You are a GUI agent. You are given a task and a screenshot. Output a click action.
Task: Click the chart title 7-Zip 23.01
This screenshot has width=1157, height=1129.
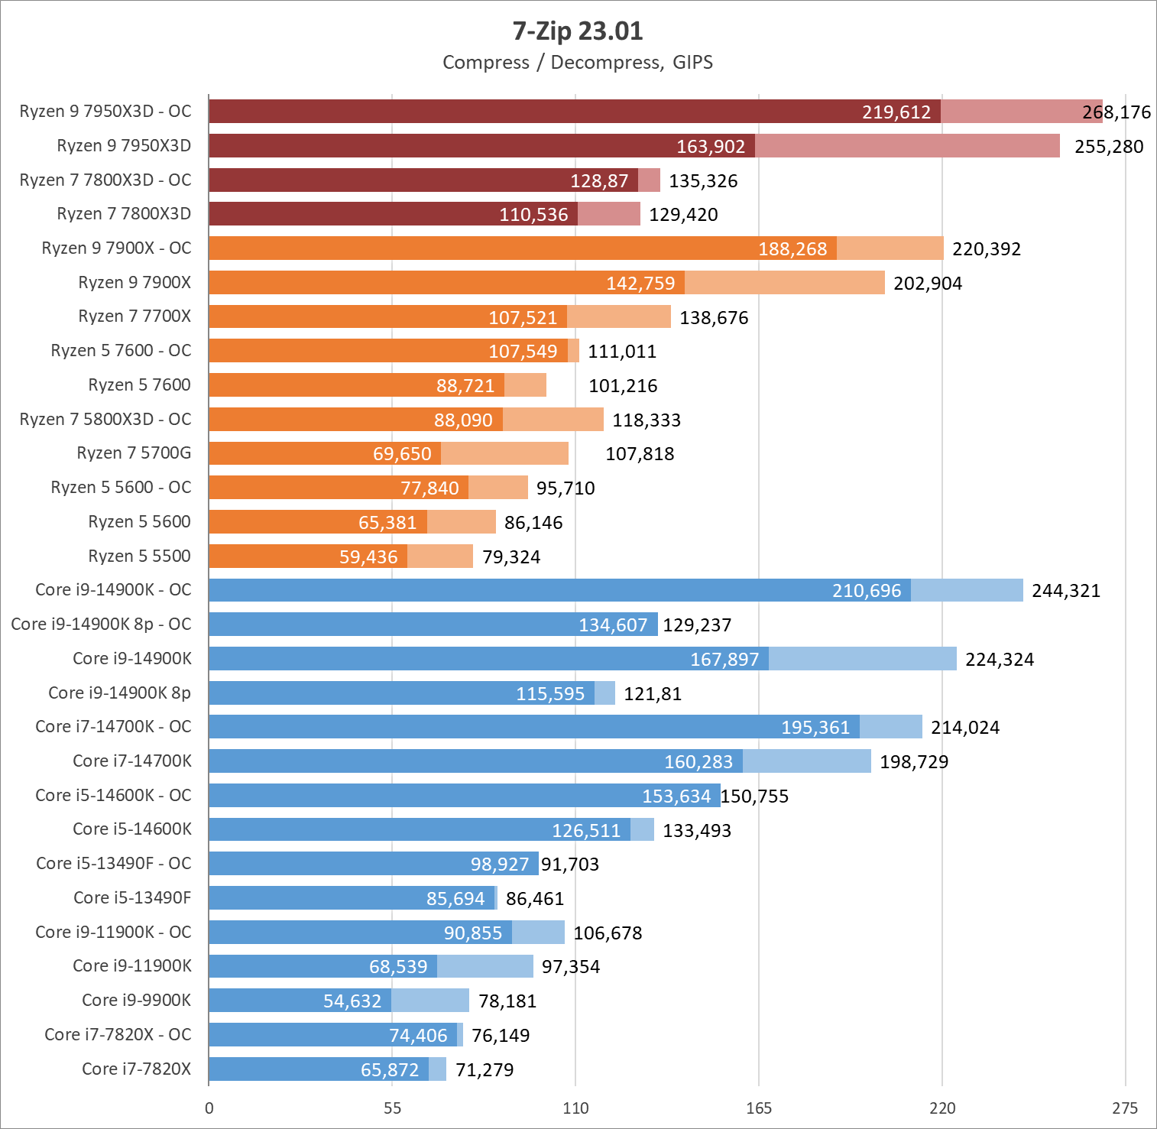point(578,31)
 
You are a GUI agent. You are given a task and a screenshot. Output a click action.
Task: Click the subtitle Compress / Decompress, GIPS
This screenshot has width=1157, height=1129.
point(578,63)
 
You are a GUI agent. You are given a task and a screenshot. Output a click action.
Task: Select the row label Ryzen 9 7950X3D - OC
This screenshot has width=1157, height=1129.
point(105,112)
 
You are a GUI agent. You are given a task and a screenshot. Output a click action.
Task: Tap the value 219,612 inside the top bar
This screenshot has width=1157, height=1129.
point(896,112)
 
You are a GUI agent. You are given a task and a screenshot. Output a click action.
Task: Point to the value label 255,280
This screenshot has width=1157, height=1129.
point(1109,147)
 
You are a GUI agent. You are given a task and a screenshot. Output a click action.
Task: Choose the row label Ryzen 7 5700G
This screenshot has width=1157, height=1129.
point(134,453)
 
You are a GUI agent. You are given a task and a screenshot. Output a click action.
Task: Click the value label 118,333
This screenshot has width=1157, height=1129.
point(647,420)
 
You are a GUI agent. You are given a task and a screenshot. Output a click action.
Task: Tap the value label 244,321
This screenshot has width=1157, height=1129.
point(1066,591)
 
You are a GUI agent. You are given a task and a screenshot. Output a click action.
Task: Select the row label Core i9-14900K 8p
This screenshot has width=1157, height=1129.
point(119,693)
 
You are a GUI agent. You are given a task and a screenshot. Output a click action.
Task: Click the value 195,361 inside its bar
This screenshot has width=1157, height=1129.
point(815,728)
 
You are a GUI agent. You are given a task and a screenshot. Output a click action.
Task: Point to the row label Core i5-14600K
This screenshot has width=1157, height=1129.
point(132,829)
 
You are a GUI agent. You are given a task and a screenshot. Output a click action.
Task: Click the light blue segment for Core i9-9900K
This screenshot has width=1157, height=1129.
point(430,1001)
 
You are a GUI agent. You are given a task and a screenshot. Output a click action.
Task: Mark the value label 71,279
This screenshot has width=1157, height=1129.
point(485,1070)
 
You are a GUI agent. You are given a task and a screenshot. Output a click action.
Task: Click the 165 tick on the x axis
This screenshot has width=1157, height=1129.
point(759,1108)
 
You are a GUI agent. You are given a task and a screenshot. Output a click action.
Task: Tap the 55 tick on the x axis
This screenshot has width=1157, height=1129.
point(392,1108)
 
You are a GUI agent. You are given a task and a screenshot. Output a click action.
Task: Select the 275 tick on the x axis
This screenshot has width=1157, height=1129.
point(1125,1108)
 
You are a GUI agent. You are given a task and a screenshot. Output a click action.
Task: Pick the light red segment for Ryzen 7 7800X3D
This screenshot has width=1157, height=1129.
point(609,215)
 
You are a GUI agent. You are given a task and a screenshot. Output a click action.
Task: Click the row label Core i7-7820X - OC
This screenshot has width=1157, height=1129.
point(118,1035)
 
